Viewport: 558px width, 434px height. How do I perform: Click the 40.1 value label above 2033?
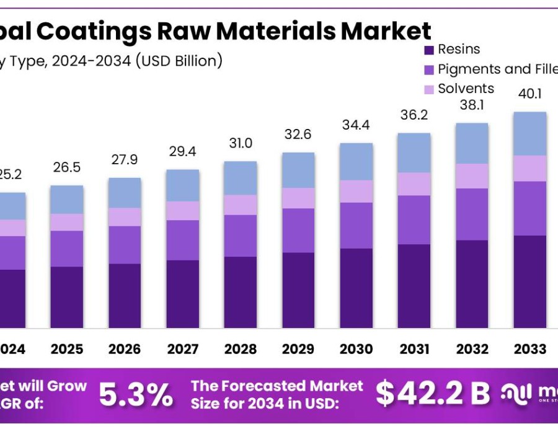(x=529, y=94)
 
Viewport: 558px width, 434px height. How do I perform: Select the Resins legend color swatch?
(x=428, y=50)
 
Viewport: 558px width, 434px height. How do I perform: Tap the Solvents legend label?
(x=466, y=89)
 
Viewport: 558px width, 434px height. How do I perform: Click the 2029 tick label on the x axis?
(x=298, y=350)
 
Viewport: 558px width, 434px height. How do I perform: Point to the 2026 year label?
(x=125, y=350)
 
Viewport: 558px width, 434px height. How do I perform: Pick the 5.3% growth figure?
(x=135, y=394)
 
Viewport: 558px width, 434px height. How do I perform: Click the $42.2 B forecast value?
(x=433, y=393)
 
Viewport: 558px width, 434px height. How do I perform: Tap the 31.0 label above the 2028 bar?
(x=240, y=143)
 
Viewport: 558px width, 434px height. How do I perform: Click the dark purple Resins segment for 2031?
(x=414, y=286)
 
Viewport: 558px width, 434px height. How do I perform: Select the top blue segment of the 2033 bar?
(x=529, y=133)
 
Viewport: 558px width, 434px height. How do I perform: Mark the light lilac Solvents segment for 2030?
(x=356, y=191)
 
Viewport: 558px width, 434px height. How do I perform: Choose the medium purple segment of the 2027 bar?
(x=182, y=240)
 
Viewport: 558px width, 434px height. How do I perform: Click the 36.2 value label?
(x=414, y=115)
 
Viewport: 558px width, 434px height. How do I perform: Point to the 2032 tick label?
(x=472, y=350)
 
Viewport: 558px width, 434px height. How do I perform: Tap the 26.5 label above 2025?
(x=66, y=167)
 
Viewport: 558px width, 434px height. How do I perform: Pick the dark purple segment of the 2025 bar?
(x=66, y=297)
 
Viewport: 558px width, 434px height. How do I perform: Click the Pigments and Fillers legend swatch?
(x=428, y=69)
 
